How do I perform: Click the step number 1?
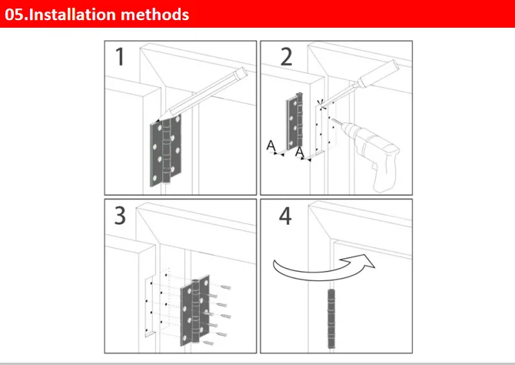pos(120,57)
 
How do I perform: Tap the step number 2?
pos(286,57)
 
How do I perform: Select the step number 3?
pos(120,216)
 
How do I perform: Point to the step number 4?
pos(285,216)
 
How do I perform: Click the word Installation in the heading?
pos(72,15)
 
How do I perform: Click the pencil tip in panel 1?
pos(158,120)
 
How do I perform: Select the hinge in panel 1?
pos(166,150)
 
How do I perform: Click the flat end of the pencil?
pos(243,72)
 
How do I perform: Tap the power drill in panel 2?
pos(370,152)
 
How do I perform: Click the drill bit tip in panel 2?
pos(332,119)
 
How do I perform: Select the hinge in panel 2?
pos(294,122)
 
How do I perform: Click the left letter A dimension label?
pos(271,145)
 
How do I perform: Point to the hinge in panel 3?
pos(195,310)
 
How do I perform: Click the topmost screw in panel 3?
pos(226,288)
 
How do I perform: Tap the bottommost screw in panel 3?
pos(208,343)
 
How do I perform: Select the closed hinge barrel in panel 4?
pos(332,319)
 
